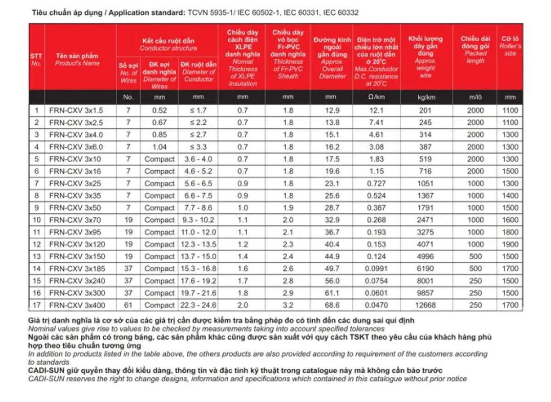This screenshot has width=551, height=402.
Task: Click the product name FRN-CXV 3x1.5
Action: [x=76, y=111]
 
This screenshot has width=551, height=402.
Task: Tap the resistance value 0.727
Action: [x=377, y=184]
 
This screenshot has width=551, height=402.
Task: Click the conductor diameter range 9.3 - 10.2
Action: [x=198, y=220]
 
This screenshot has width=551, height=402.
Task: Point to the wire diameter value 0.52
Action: [x=159, y=111]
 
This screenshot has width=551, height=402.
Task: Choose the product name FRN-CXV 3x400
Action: [x=76, y=305]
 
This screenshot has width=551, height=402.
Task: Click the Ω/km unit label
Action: [x=377, y=97]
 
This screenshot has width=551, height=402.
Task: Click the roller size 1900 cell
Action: [x=510, y=245]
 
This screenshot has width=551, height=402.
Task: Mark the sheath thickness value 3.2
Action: [x=288, y=305]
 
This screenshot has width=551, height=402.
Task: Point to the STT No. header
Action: [x=36, y=60]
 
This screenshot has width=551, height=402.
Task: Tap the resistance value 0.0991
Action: [x=377, y=269]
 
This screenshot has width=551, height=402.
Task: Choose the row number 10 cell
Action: [x=37, y=220]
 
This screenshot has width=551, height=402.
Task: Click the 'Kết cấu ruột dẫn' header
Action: [x=168, y=41]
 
